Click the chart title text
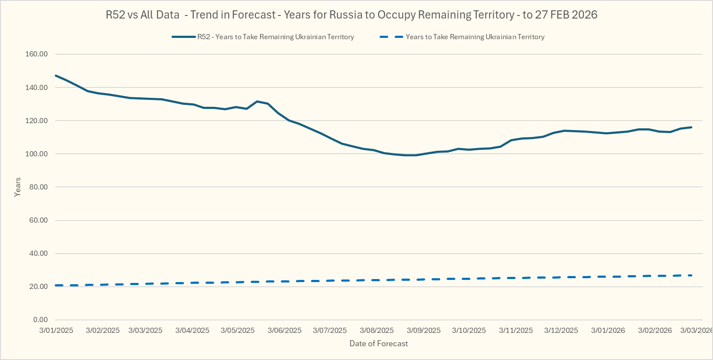point(351,15)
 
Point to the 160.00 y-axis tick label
point(37,54)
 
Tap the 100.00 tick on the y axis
point(37,154)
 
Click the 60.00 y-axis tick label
point(38,220)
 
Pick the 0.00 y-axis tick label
point(40,320)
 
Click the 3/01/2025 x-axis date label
point(56,330)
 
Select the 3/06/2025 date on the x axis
point(284,330)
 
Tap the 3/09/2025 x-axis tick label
point(423,330)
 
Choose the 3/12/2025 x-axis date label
point(561,330)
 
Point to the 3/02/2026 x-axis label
point(655,330)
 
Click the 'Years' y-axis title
point(18,187)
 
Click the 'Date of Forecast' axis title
point(378,344)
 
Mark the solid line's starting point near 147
point(56,76)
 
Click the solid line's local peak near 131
point(257,101)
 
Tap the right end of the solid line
point(691,127)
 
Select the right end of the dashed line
point(691,275)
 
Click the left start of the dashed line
point(56,285)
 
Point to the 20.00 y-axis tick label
point(38,286)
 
